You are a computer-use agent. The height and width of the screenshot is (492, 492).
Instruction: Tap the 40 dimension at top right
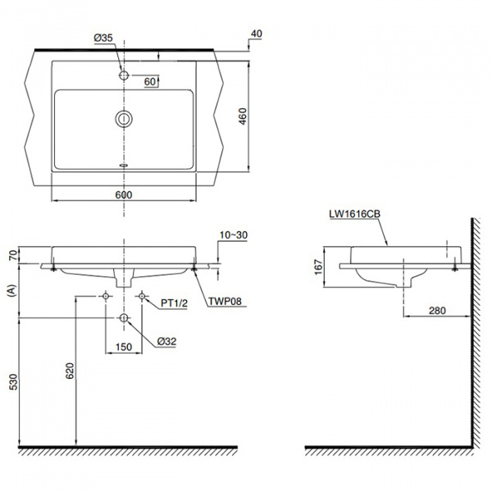pyautogui.click(x=257, y=34)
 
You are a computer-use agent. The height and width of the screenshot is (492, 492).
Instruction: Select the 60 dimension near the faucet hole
pyautogui.click(x=151, y=82)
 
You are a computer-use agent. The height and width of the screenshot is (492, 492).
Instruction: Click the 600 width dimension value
pyautogui.click(x=124, y=195)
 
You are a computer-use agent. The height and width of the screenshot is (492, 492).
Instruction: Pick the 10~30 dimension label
pyautogui.click(x=234, y=235)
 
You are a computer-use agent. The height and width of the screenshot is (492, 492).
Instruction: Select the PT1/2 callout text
pyautogui.click(x=173, y=303)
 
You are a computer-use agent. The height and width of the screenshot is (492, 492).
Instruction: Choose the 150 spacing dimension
pyautogui.click(x=123, y=348)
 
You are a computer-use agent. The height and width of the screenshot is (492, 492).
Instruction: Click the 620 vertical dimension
pyautogui.click(x=71, y=371)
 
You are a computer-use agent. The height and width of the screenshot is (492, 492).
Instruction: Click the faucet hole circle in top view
pyautogui.click(x=124, y=75)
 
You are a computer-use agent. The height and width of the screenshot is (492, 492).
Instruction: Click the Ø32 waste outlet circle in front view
pyautogui.click(x=124, y=318)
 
